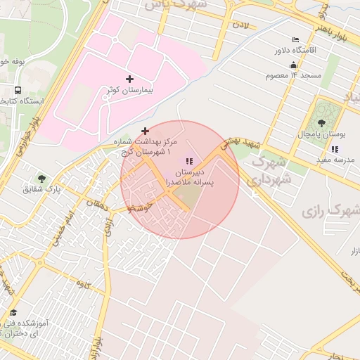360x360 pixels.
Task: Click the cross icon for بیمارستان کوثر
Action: click(129, 79)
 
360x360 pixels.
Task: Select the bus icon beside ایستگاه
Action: click(17, 90)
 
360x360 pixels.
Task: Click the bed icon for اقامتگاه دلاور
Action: click(295, 39)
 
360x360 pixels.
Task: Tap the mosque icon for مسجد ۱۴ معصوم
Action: click(272, 75)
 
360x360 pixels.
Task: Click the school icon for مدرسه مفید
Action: click(335, 149)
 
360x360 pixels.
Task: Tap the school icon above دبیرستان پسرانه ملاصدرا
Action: click(189, 162)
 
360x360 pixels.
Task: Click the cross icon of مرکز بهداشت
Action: click(146, 131)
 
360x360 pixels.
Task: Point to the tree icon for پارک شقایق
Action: click(41, 179)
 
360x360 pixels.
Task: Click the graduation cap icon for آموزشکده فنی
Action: click(13, 313)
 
